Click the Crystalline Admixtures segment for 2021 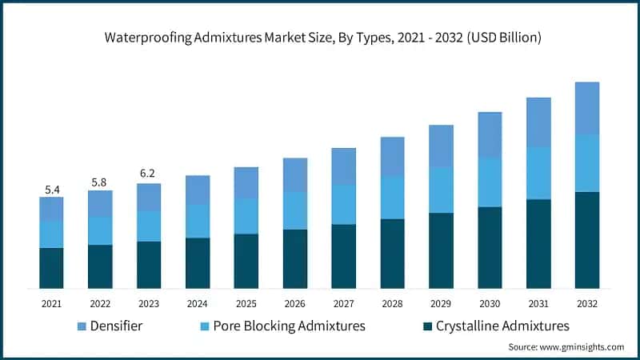click(51, 268)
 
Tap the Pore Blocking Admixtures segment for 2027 click(344, 205)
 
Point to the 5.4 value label click(51, 190)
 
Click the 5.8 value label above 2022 click(100, 182)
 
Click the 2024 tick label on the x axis click(198, 304)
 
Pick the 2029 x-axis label click(441, 304)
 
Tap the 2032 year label click(587, 304)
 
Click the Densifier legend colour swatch click(82, 326)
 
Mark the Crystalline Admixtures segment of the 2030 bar click(490, 247)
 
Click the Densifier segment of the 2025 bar click(246, 182)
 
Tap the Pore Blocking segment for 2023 click(149, 226)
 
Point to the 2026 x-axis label click(295, 304)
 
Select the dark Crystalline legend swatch click(428, 326)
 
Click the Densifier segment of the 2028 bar click(392, 156)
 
